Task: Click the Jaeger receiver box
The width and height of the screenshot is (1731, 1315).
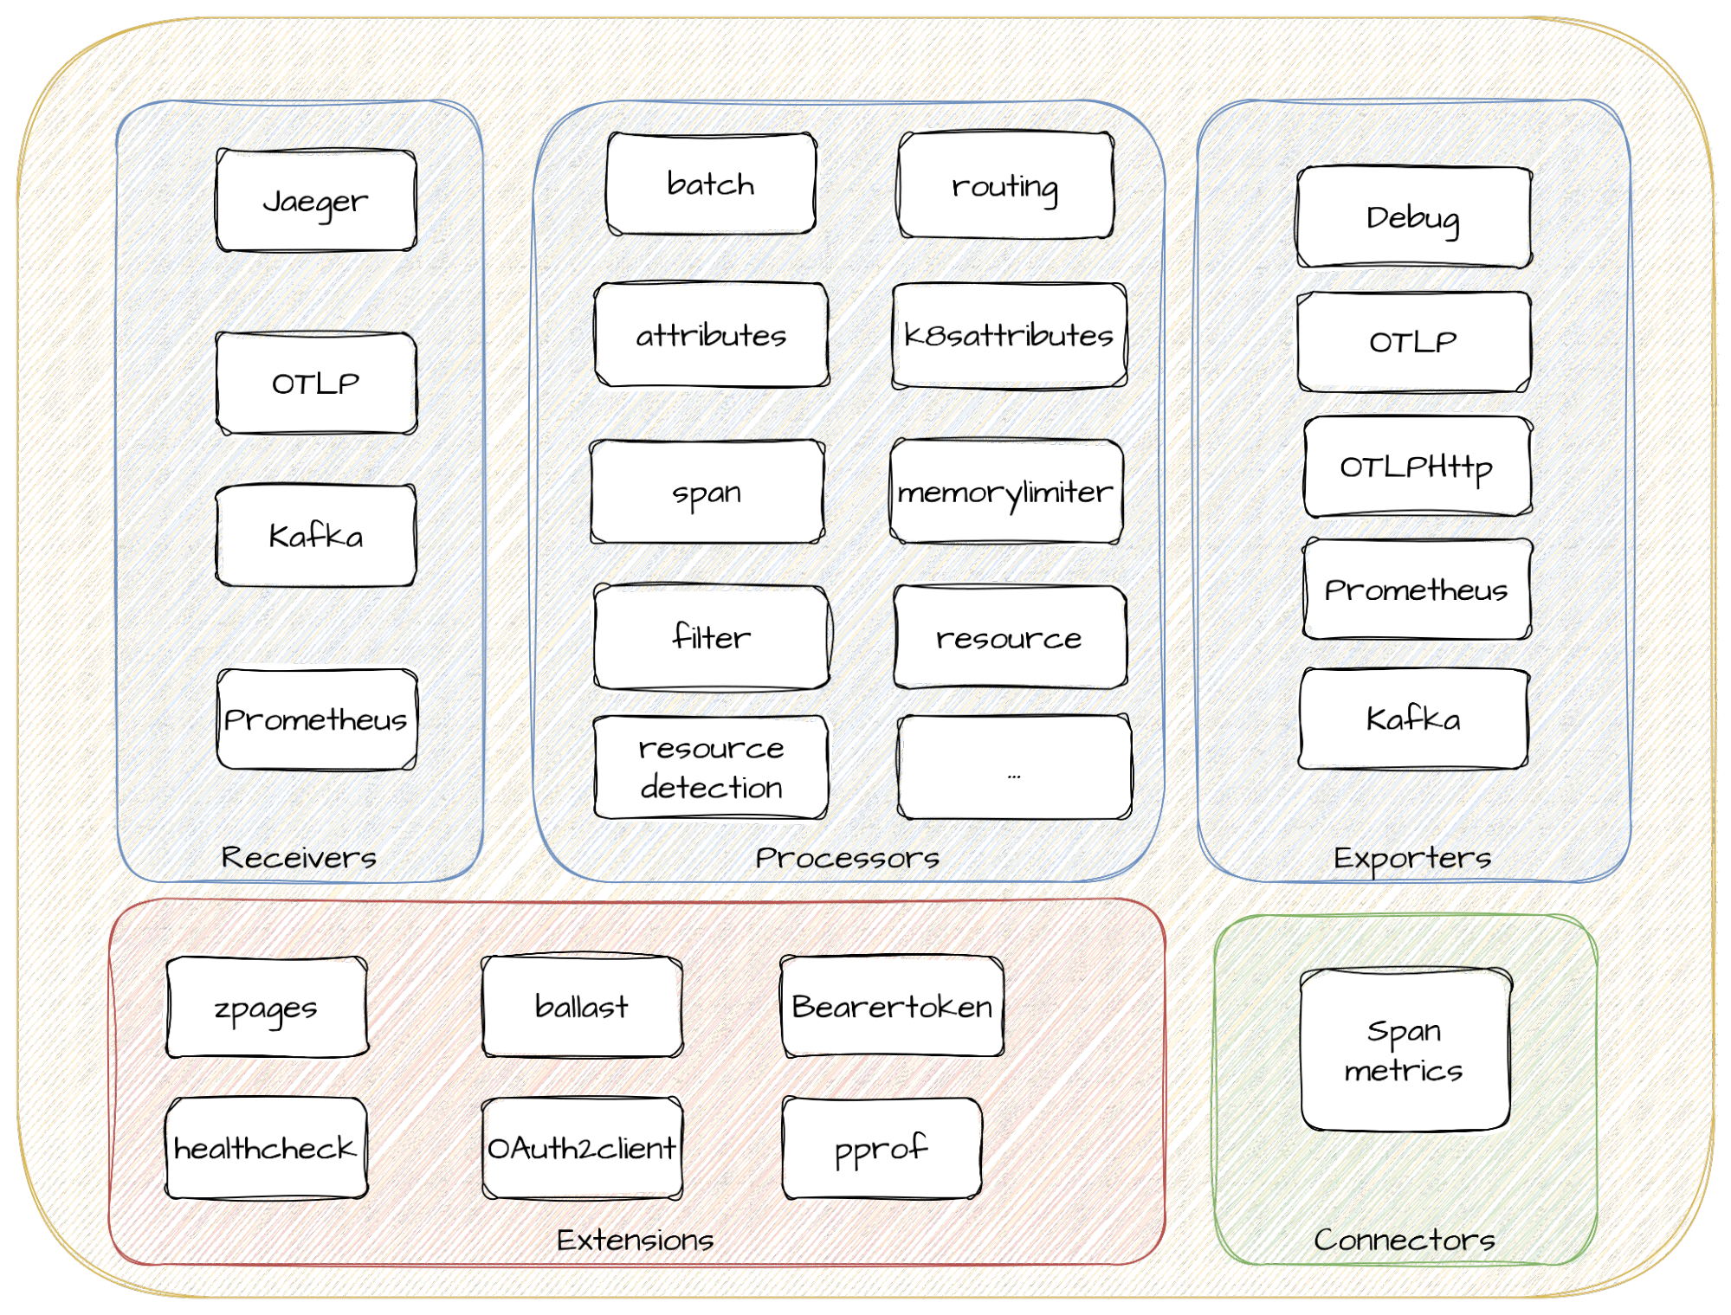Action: [316, 201]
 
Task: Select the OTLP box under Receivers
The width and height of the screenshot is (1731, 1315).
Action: [316, 384]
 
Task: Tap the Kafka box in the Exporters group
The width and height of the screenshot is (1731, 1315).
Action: [1413, 719]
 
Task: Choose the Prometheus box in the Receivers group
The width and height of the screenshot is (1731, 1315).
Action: [316, 719]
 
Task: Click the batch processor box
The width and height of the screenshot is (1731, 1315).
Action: [711, 184]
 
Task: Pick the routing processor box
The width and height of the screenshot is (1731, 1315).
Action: [1005, 185]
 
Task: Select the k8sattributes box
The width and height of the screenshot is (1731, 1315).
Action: [1009, 335]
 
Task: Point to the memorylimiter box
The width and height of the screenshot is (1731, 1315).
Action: [1005, 492]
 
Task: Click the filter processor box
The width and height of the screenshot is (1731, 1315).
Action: [711, 638]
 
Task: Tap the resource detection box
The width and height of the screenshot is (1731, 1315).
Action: [711, 767]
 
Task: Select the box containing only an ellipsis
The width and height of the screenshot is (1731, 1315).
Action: [1014, 767]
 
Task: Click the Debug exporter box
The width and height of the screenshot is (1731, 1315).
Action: [1413, 217]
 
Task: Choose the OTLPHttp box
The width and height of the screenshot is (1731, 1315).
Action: [1417, 467]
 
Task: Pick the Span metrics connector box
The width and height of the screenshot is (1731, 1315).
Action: [1404, 1050]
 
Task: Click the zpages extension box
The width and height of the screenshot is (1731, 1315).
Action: [266, 1008]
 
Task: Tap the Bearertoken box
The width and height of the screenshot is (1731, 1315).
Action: [892, 1007]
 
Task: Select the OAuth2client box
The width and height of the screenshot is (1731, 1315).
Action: [582, 1148]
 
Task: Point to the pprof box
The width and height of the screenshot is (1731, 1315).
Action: [882, 1148]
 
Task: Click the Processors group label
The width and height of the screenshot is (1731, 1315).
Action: [847, 858]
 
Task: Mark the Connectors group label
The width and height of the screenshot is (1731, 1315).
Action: [1404, 1240]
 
